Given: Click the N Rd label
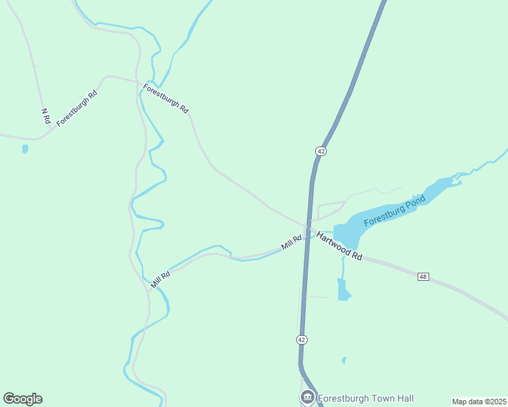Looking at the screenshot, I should point(46,115).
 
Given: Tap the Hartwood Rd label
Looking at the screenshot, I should point(339,246).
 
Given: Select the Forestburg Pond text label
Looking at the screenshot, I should point(394,211).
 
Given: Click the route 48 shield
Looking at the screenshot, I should point(423,277).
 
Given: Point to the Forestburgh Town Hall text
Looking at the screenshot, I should point(365,398).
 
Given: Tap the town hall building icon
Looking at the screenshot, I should point(307,398).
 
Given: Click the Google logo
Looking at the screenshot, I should point(22,399).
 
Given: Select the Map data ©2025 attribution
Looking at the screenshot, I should point(479,402).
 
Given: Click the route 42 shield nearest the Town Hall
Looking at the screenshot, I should point(302,339).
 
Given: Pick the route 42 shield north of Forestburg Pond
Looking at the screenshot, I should point(321,151).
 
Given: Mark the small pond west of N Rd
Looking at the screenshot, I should point(25,149).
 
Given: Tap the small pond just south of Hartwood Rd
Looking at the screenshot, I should point(343,290).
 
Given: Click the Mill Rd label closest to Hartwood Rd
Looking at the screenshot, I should point(292,242).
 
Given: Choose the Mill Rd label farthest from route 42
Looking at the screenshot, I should point(160,278).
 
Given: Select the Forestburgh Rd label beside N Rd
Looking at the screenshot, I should point(77,107).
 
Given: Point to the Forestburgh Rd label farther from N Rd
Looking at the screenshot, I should point(166,98).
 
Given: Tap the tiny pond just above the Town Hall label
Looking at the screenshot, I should point(344,360).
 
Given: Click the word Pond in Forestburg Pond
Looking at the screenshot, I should point(414,203).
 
